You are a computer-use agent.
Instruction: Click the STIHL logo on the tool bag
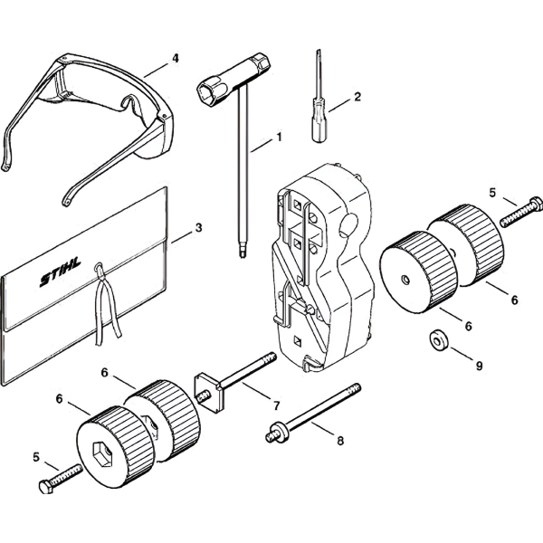61,271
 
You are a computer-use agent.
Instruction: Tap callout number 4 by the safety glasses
176,58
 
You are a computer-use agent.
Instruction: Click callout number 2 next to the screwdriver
357,96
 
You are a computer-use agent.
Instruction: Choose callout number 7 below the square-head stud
276,405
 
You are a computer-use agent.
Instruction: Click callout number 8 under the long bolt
340,441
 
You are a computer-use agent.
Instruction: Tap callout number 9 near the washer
479,366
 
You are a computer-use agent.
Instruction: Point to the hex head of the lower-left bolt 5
46,487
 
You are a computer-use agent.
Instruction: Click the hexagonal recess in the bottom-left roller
102,451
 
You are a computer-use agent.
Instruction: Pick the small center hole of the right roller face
405,279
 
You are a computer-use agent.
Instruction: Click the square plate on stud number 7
207,393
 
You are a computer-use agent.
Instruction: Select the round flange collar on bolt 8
281,432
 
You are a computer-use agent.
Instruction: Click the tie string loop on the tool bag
100,269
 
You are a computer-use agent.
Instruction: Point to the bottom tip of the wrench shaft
242,256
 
